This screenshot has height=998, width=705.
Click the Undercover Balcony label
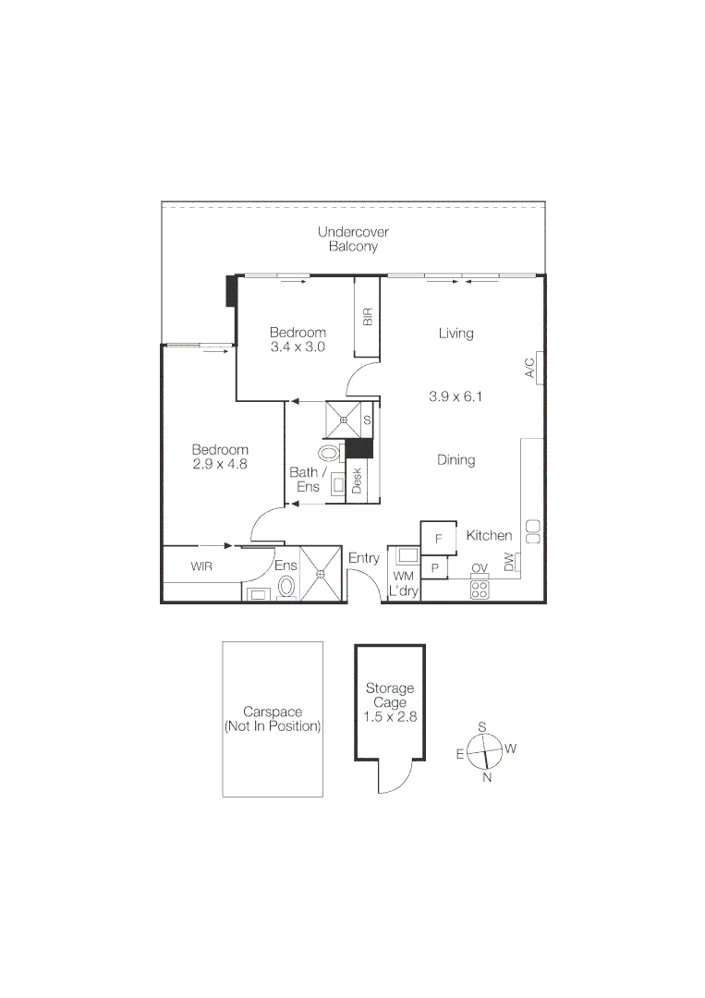(353, 239)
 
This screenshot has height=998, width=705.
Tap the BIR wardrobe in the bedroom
(368, 317)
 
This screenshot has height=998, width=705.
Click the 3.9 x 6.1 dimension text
(456, 397)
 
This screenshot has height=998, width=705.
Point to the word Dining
(456, 459)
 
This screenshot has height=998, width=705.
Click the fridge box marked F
(439, 538)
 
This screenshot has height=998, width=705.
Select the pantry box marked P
(433, 567)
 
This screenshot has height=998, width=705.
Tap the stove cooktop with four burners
(480, 590)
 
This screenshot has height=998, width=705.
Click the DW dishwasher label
(509, 562)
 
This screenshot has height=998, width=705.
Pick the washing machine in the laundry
(404, 556)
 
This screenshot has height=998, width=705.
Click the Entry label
(364, 558)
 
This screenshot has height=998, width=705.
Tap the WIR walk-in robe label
(201, 566)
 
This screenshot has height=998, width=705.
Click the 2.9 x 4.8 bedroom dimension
(220, 457)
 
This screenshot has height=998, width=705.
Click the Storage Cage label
(390, 696)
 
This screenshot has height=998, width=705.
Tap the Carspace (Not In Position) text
(273, 719)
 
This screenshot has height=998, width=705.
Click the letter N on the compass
(487, 777)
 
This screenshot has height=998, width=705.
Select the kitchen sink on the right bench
(533, 531)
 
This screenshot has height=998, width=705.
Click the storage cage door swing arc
(392, 781)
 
